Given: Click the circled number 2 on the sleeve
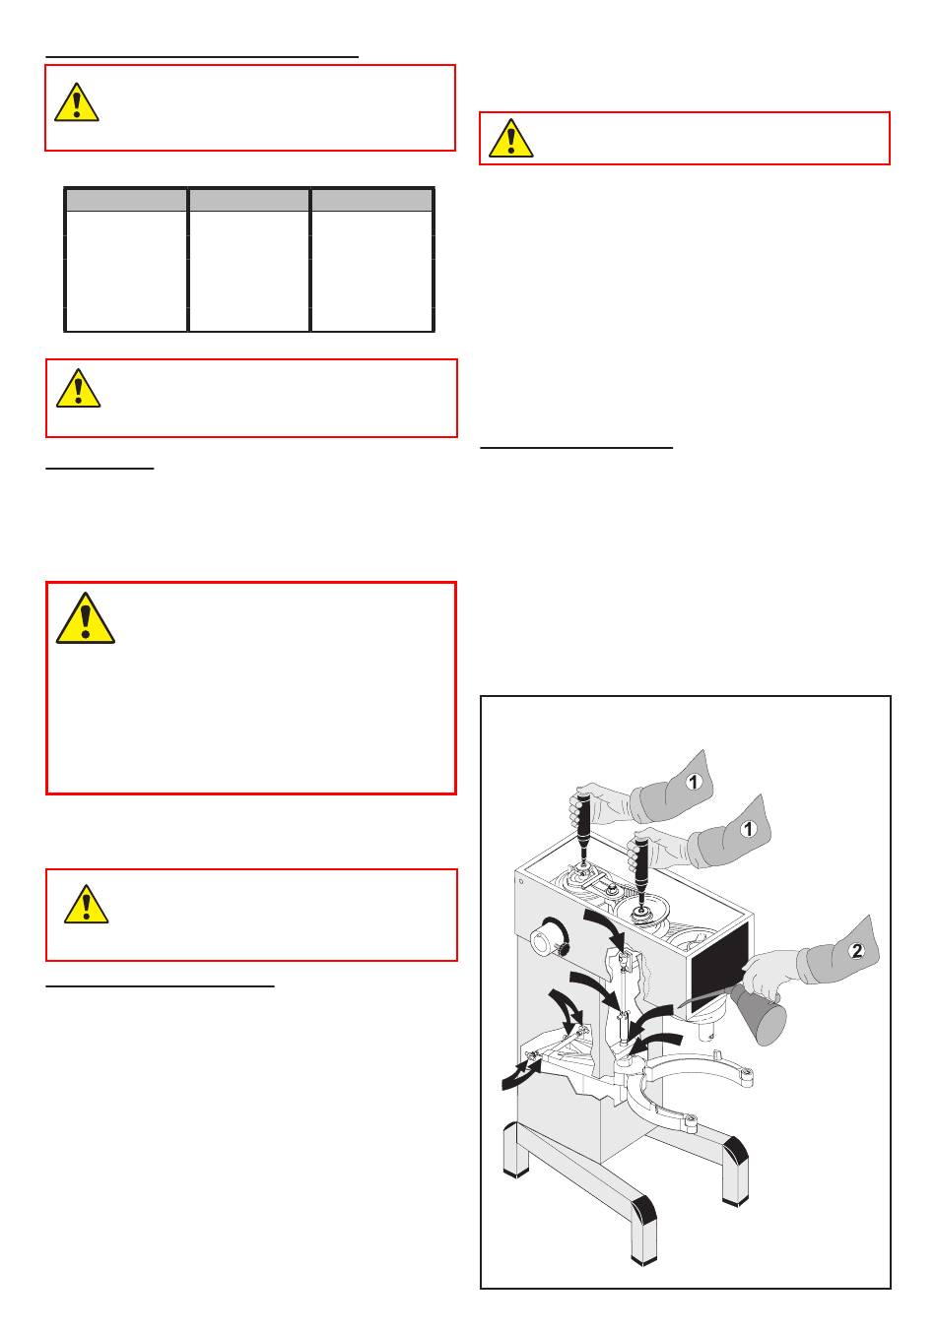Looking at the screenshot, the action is (856, 951).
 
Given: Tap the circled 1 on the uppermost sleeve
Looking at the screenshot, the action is (694, 782).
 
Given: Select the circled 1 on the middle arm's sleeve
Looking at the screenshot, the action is (748, 828).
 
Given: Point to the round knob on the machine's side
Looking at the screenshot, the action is (550, 940).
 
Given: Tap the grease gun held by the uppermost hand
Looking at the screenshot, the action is (582, 827).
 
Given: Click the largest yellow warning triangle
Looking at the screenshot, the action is (85, 618).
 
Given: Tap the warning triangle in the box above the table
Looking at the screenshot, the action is (77, 102).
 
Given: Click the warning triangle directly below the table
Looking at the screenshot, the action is (78, 388).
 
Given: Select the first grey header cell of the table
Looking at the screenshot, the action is (126, 200).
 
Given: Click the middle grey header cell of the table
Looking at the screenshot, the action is (248, 200).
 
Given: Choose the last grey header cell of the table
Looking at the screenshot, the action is (371, 200).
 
